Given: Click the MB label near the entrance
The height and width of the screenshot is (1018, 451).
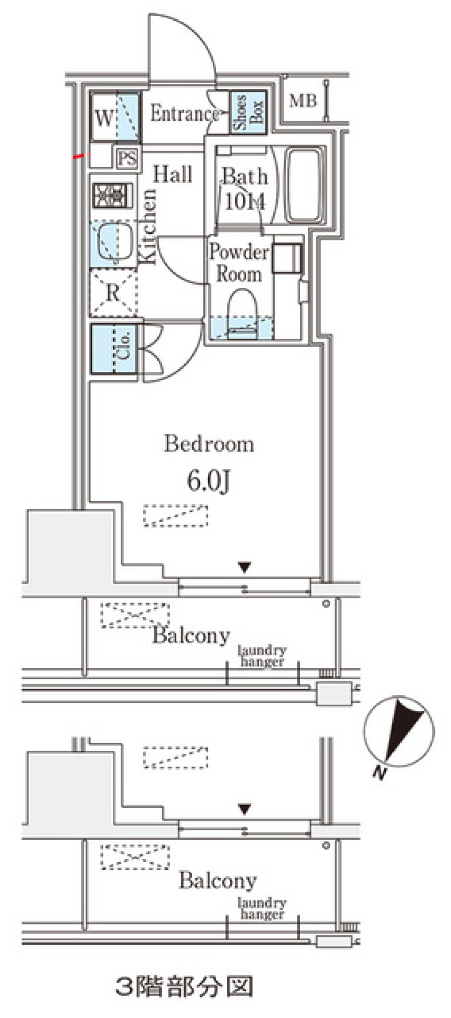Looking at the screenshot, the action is pyautogui.click(x=303, y=101).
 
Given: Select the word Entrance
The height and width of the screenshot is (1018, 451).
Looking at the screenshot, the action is pyautogui.click(x=185, y=114).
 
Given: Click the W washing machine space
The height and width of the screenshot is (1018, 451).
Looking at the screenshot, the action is pyautogui.click(x=115, y=117).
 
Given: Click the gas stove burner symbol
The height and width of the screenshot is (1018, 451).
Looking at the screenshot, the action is pyautogui.click(x=113, y=196).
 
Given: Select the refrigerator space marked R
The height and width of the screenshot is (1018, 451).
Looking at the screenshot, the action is pyautogui.click(x=113, y=293).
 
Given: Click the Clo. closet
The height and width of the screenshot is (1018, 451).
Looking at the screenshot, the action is pyautogui.click(x=114, y=349).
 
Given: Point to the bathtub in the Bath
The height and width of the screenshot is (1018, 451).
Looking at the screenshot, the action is pyautogui.click(x=305, y=186).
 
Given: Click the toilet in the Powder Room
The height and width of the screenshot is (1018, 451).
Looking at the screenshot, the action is pyautogui.click(x=242, y=313).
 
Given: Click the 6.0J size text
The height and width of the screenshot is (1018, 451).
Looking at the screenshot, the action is pyautogui.click(x=209, y=481).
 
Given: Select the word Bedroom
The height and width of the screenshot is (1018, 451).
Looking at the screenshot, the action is pyautogui.click(x=209, y=444).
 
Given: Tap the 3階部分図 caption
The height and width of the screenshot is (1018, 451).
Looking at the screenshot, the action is pyautogui.click(x=184, y=986).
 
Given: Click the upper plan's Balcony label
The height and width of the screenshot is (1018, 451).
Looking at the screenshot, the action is pyautogui.click(x=191, y=636).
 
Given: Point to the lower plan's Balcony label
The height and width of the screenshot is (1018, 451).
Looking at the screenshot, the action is pyautogui.click(x=218, y=881).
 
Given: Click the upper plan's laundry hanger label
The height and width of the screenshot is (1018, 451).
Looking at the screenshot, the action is pyautogui.click(x=262, y=656).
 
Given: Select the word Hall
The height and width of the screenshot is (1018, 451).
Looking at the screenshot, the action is pyautogui.click(x=173, y=174).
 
